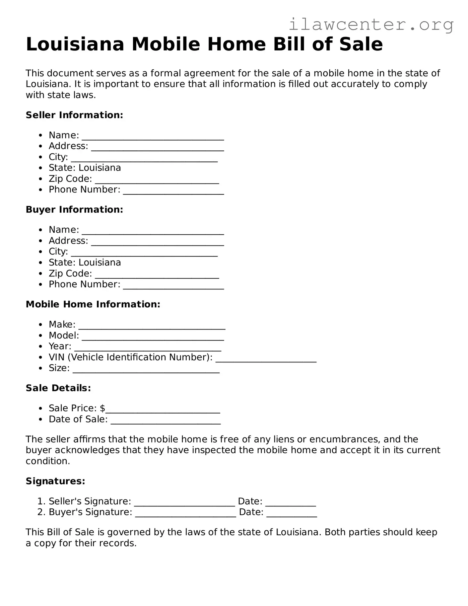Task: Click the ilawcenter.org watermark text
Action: pyautogui.click(x=371, y=25)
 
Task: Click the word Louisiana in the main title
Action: pyautogui.click(x=75, y=44)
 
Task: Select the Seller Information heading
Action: pyautogui.click(x=74, y=115)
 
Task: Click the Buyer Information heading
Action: pyautogui.click(x=74, y=210)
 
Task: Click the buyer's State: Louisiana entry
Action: pyautogui.click(x=85, y=263)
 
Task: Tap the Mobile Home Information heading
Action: pyautogui.click(x=93, y=304)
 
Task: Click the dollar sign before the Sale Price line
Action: pyautogui.click(x=102, y=408)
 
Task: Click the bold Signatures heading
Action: pyautogui.click(x=55, y=481)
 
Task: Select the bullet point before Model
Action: pyautogui.click(x=40, y=336)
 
